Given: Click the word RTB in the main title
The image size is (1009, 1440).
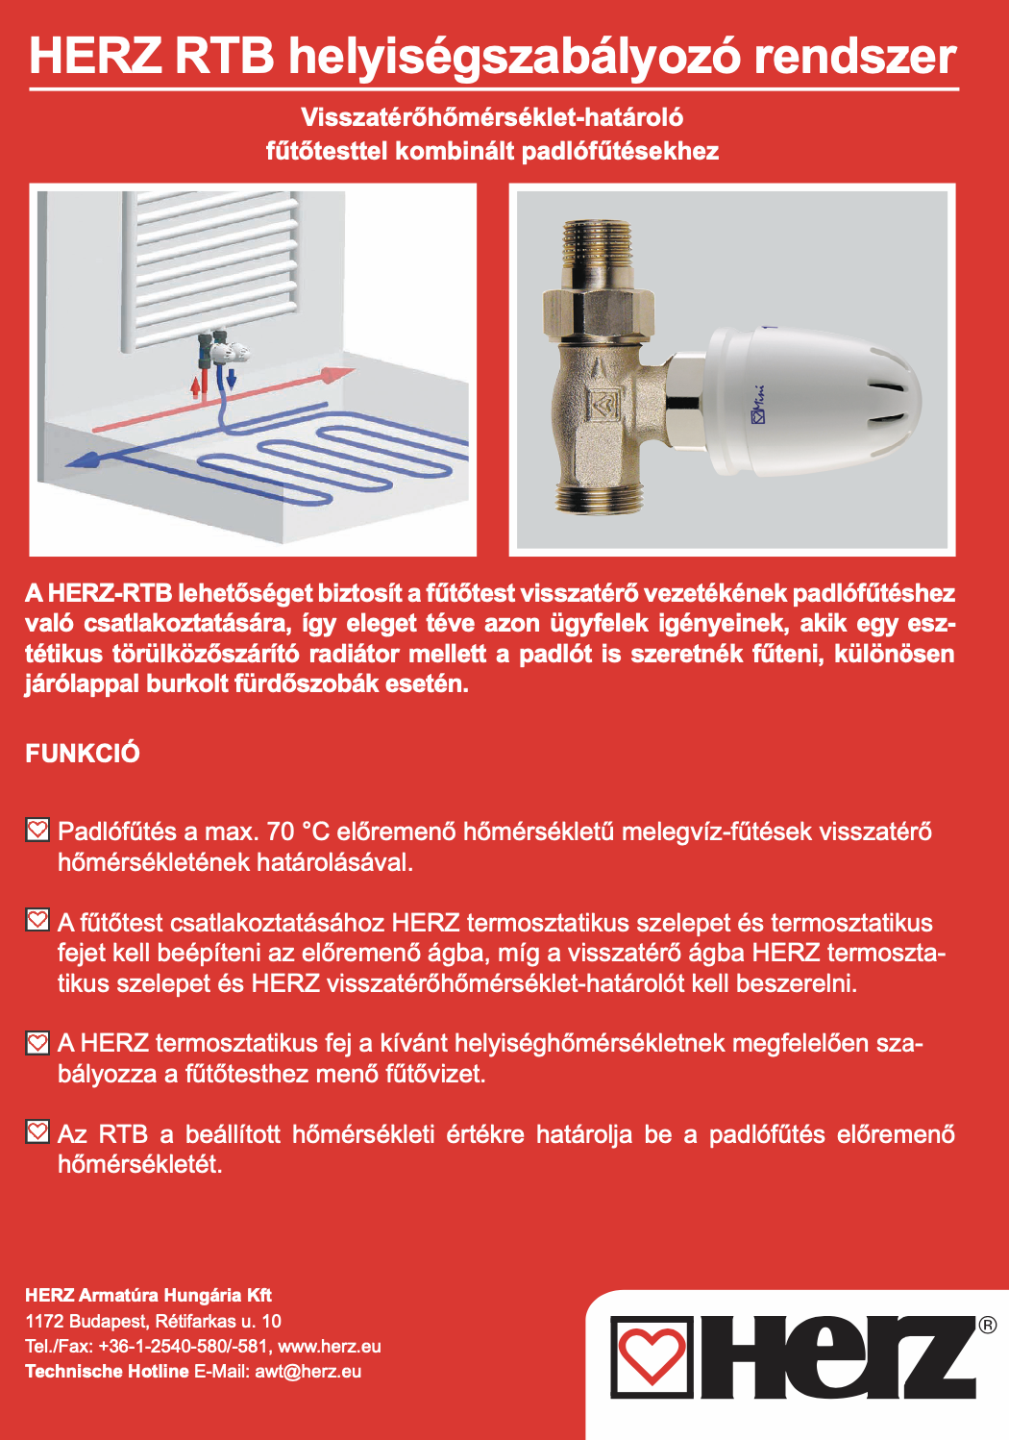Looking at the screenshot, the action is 224,57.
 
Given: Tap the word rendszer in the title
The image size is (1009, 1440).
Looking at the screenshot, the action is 855,57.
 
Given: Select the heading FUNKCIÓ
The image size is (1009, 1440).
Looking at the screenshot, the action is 83,754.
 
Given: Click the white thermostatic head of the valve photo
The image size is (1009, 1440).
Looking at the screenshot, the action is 813,402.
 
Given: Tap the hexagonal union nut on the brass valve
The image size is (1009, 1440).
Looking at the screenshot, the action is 598,313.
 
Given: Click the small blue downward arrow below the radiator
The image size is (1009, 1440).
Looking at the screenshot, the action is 232,379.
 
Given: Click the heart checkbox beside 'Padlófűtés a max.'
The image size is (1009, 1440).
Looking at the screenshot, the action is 37,830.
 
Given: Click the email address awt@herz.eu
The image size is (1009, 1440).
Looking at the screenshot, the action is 308,1371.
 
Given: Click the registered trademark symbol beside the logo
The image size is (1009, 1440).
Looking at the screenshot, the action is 987,1325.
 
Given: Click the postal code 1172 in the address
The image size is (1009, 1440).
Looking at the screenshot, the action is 44,1321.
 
